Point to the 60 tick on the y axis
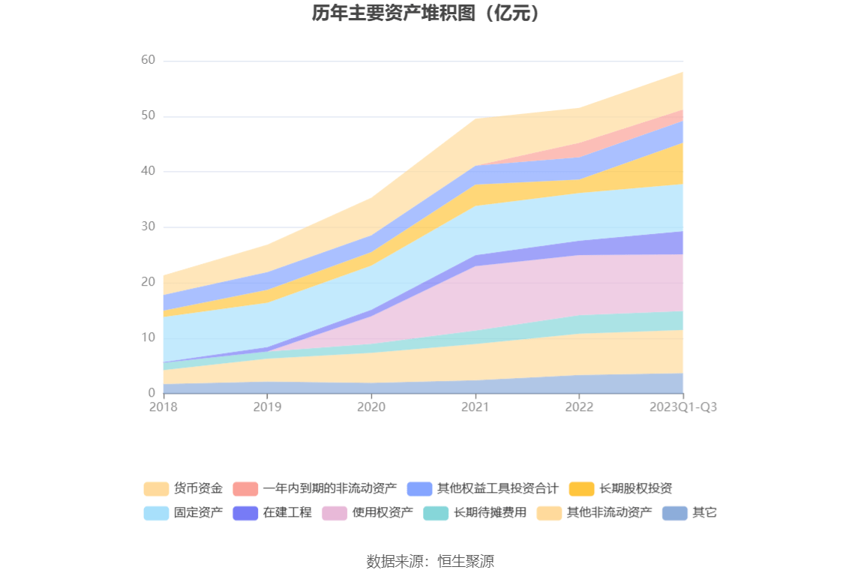tap(148, 61)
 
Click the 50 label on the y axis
tap(148, 116)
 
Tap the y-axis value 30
tap(148, 226)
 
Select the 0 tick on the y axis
tap(151, 393)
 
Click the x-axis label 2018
tap(163, 407)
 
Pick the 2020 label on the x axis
tap(370, 407)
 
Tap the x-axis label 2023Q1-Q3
tap(682, 407)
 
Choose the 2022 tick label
tap(579, 407)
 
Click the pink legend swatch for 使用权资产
tap(334, 513)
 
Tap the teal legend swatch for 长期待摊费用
tap(436, 513)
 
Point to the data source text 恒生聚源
tap(466, 561)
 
